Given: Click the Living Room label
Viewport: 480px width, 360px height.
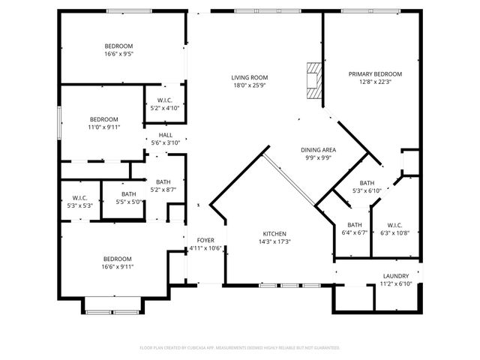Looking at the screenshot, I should [250, 78].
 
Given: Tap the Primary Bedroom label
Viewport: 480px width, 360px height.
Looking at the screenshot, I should [375, 74].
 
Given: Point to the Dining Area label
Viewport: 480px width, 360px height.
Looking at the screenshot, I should [318, 150].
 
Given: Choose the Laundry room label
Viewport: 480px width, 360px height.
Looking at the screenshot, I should [395, 276].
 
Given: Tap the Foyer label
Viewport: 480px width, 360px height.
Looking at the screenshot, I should [205, 240].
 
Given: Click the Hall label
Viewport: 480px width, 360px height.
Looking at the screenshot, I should [166, 135].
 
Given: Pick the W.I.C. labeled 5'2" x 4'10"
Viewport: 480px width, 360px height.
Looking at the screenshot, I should [165, 101].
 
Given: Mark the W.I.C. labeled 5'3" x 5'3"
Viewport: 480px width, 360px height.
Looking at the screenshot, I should [79, 198].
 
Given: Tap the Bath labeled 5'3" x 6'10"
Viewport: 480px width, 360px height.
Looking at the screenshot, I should [367, 183].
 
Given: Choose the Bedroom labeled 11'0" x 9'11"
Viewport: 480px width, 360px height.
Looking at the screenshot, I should [103, 119].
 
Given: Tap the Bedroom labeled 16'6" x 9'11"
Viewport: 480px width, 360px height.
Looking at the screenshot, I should [117, 259].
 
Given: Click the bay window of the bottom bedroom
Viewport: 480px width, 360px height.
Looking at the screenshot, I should [110, 305].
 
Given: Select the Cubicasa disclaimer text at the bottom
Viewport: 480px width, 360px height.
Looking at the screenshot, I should [240, 348].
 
